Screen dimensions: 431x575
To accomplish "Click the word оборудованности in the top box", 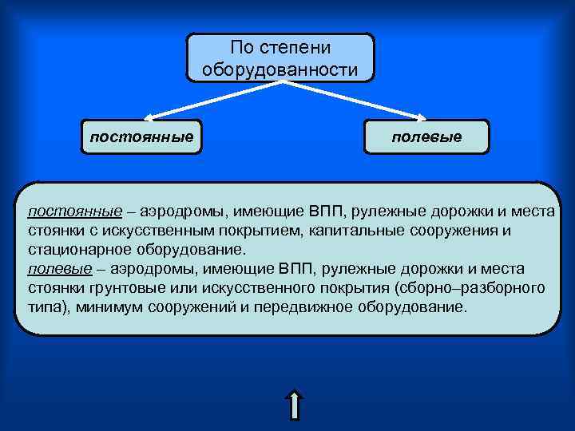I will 280,69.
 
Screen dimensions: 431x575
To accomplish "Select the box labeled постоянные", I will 141,136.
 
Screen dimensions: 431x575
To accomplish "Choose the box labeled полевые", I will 426,136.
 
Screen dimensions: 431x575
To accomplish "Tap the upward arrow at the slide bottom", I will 295,405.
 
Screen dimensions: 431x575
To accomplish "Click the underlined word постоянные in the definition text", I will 75,212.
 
